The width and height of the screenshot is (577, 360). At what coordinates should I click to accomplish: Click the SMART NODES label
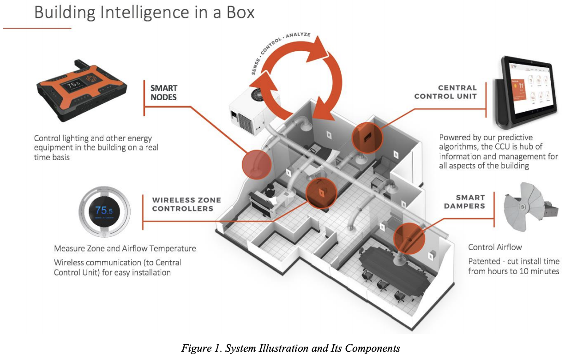click(164, 92)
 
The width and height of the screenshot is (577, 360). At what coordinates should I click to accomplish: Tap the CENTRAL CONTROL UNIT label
click(445, 92)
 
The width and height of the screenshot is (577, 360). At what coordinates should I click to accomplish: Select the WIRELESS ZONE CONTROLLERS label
click(186, 204)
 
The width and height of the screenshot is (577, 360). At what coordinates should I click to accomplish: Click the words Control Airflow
click(495, 247)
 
